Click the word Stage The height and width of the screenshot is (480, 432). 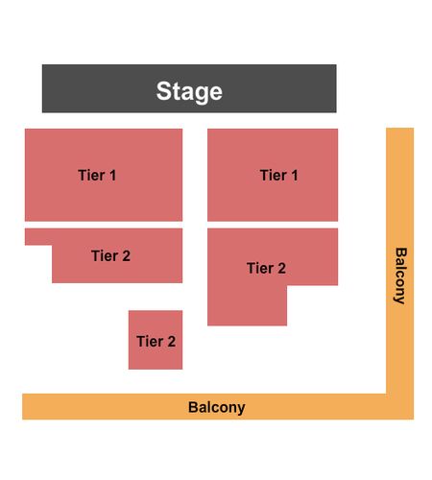[189, 92]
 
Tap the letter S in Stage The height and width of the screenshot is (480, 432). [163, 91]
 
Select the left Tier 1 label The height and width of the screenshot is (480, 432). [97, 175]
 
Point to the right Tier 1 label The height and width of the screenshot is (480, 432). [278, 175]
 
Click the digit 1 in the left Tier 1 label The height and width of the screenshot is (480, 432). [112, 175]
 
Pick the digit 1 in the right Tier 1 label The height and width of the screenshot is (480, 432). [295, 175]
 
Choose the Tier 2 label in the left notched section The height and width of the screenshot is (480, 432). [110, 255]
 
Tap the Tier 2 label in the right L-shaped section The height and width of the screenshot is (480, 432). [266, 268]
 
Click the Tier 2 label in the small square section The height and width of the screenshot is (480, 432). [156, 341]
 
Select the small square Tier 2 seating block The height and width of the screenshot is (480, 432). [156, 340]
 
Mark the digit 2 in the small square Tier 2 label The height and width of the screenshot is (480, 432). [172, 341]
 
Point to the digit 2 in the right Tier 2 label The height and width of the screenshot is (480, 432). [281, 268]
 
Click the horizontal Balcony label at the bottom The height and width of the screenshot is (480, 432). [217, 408]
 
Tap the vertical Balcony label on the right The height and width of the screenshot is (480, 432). [400, 276]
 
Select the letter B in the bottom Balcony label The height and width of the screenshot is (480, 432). [193, 407]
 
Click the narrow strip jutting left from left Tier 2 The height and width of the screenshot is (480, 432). [38, 237]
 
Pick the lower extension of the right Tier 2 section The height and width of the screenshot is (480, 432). [247, 305]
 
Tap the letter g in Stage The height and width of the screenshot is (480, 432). [201, 94]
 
